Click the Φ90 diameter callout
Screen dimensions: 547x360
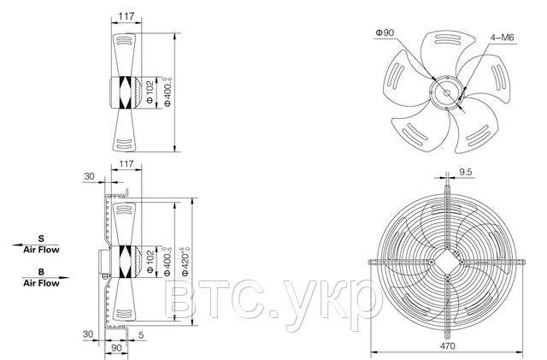385,32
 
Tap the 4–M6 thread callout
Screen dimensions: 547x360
503,38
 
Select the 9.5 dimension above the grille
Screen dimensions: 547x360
465,172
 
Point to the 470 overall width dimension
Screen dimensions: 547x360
447,345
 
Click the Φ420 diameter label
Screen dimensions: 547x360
185,262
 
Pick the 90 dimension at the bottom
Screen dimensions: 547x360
116,348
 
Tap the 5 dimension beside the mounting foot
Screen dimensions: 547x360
141,335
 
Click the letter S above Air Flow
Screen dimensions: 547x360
41,239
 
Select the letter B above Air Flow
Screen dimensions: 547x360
41,272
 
